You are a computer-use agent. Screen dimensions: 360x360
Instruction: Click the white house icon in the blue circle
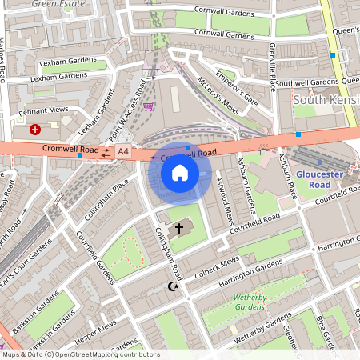180,172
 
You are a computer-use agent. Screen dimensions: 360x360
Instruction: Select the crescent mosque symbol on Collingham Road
170,286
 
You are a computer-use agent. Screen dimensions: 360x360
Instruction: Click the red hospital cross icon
35,129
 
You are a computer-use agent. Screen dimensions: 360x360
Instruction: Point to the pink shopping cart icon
148,105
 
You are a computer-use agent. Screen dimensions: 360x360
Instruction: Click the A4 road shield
123,150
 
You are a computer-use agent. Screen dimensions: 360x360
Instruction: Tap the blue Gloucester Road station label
318,178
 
